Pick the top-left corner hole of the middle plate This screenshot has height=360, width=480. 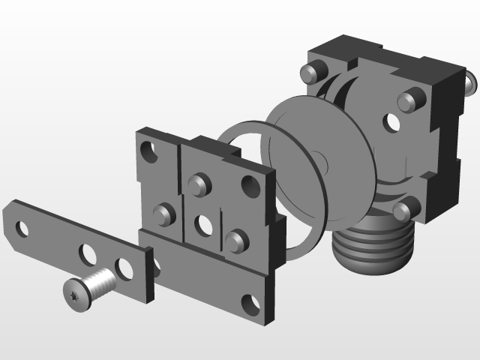click(x=148, y=152)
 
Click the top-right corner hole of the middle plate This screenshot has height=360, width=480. click(x=249, y=185)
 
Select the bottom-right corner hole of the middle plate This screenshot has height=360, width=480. click(x=251, y=303)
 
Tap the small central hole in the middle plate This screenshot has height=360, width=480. click(x=203, y=223)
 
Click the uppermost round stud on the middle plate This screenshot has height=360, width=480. click(x=198, y=184)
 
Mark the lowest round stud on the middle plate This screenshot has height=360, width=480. click(x=236, y=241)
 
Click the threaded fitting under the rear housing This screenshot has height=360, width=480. click(x=373, y=247)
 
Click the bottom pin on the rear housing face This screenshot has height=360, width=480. click(x=404, y=211)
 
